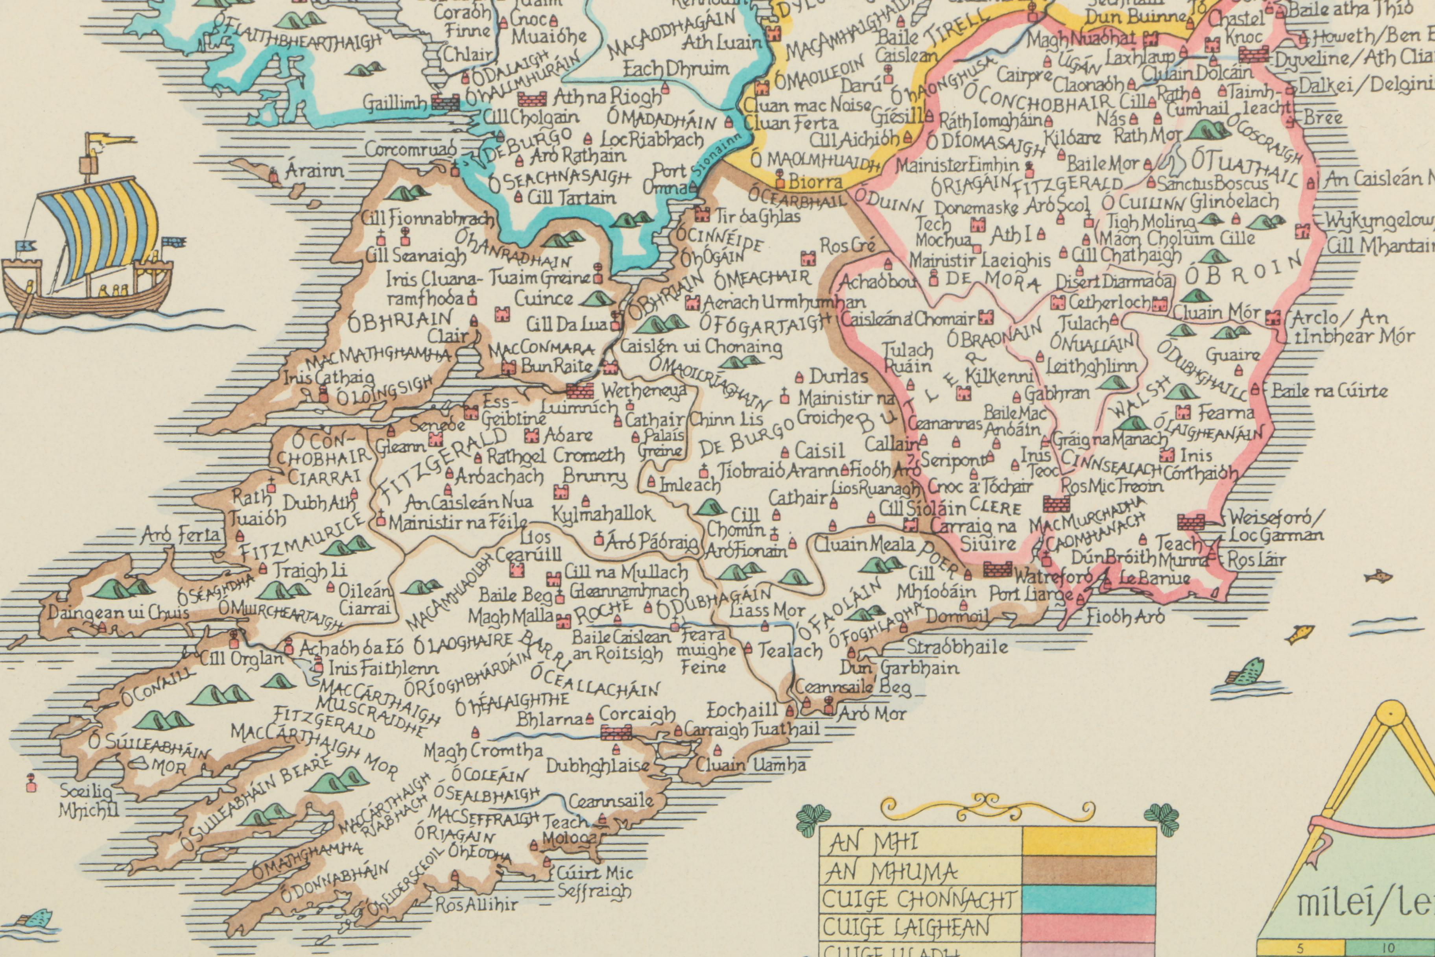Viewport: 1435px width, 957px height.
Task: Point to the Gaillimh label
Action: pyautogui.click(x=395, y=103)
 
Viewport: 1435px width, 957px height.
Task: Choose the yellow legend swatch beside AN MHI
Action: pyautogui.click(x=1088, y=842)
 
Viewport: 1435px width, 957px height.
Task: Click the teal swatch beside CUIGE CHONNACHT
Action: pyautogui.click(x=1088, y=899)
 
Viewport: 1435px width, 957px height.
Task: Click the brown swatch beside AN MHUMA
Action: pyautogui.click(x=1088, y=871)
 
